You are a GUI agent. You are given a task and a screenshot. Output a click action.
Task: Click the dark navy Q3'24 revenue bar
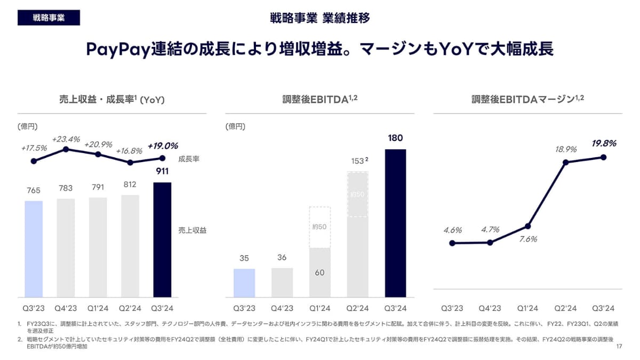[162, 240]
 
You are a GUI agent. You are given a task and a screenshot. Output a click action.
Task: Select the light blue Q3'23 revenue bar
[34, 249]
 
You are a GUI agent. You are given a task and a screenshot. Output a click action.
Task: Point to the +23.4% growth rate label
[66, 139]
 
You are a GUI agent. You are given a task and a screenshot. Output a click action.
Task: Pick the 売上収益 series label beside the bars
[192, 230]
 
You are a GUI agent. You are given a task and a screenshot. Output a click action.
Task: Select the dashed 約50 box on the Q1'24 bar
[320, 227]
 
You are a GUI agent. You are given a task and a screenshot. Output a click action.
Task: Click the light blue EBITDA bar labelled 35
[244, 283]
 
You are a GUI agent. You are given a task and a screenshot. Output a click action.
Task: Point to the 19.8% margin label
[604, 143]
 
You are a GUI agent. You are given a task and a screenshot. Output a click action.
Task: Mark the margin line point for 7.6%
[527, 226]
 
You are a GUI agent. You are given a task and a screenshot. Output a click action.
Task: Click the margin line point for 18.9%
[565, 162]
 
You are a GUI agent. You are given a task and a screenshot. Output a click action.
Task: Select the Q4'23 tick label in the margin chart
[490, 308]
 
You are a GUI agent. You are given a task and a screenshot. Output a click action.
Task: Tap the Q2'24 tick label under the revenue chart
[130, 308]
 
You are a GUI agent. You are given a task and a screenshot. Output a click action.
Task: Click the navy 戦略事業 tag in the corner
[49, 18]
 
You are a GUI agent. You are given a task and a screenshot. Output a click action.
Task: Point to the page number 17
[619, 347]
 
